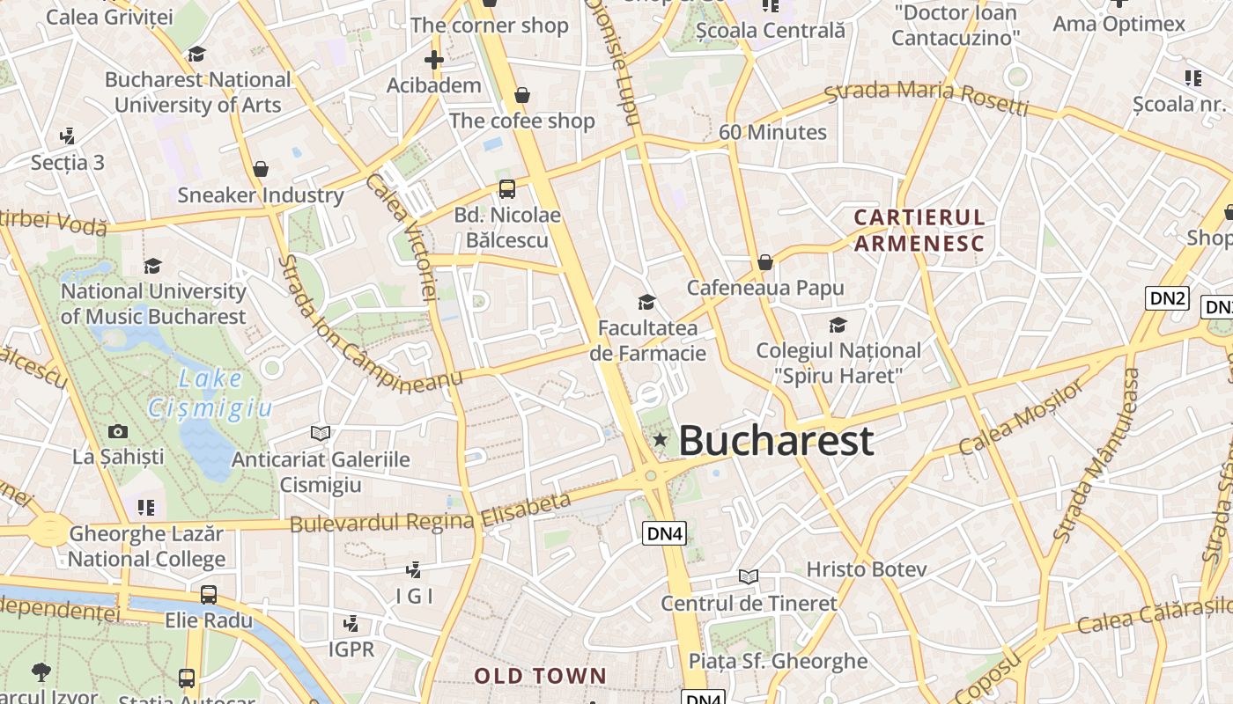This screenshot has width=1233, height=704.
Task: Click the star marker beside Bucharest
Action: click(x=660, y=439)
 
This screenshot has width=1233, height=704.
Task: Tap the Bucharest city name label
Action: click(x=776, y=441)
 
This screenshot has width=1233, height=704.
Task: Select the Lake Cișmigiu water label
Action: click(x=210, y=393)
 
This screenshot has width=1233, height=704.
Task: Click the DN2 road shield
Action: click(x=1168, y=297)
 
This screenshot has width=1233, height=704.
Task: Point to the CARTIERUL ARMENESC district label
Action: click(x=919, y=230)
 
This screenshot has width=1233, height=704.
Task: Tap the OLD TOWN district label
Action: click(x=541, y=676)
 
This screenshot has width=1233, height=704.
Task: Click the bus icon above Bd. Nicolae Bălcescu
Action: click(x=507, y=188)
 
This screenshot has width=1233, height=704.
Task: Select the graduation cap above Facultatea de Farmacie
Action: click(x=647, y=303)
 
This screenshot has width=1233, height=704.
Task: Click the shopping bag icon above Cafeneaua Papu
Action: click(x=765, y=262)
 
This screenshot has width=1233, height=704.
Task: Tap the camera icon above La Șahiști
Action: click(x=118, y=431)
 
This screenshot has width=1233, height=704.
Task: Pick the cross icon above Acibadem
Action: click(x=433, y=60)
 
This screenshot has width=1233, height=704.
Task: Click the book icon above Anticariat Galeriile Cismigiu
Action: click(x=321, y=433)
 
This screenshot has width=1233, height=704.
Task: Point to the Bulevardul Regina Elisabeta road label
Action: click(x=430, y=514)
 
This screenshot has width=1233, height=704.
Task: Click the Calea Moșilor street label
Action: click(x=1023, y=417)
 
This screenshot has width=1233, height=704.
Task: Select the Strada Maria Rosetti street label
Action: click(x=927, y=98)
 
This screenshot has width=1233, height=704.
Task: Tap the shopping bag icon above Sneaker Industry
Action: click(x=261, y=169)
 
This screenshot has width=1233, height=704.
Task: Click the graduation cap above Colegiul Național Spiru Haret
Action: click(x=838, y=326)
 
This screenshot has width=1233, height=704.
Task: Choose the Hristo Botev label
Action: click(x=866, y=569)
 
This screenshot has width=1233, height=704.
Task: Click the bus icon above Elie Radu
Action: click(x=209, y=595)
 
